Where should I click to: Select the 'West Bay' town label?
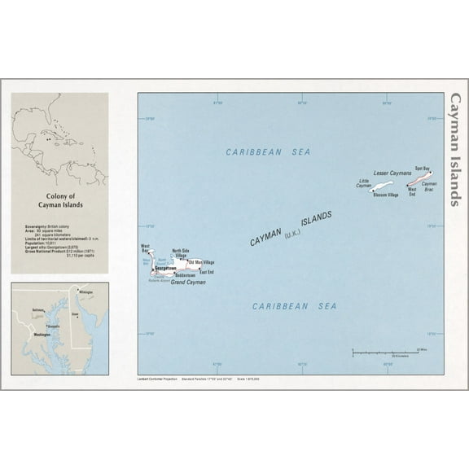[145, 248]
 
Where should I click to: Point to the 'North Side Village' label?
[182, 253]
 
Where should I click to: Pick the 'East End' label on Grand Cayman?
[207, 273]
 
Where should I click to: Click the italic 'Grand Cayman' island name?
[188, 282]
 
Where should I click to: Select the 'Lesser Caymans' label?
[392, 173]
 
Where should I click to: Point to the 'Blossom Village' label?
[385, 195]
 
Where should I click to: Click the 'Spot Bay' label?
[422, 167]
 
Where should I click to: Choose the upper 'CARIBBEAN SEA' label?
[268, 152]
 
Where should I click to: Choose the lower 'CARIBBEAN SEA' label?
[293, 306]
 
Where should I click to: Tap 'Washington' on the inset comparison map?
[42, 335]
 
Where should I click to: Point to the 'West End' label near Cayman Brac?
[412, 192]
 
